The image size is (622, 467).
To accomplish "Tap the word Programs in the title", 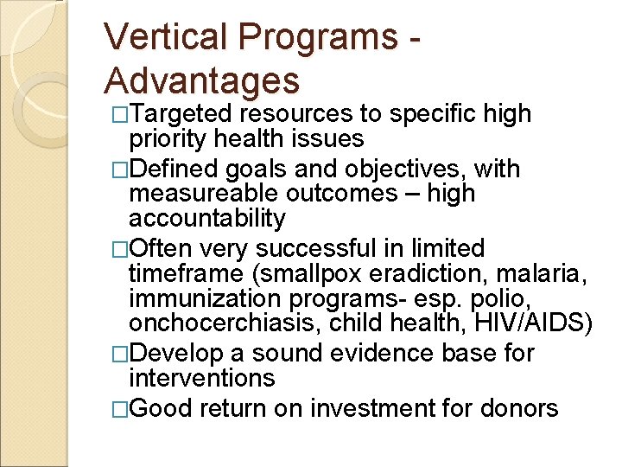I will coord(312,38).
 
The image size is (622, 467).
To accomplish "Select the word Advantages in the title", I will coord(201,80).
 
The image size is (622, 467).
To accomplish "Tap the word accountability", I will coord(206,219).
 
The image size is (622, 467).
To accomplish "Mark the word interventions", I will coord(201,378).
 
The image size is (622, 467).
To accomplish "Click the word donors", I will coord(518,408).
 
